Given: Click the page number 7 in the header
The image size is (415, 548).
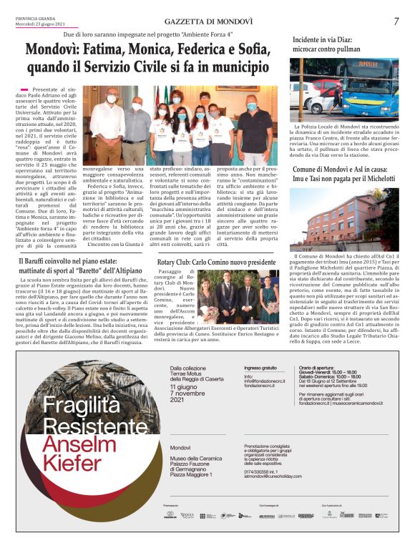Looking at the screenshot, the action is tap(396, 21).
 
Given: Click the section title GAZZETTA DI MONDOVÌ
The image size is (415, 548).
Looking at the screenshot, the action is tap(207, 22).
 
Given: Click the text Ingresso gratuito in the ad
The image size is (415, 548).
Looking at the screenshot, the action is tap(260, 368).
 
